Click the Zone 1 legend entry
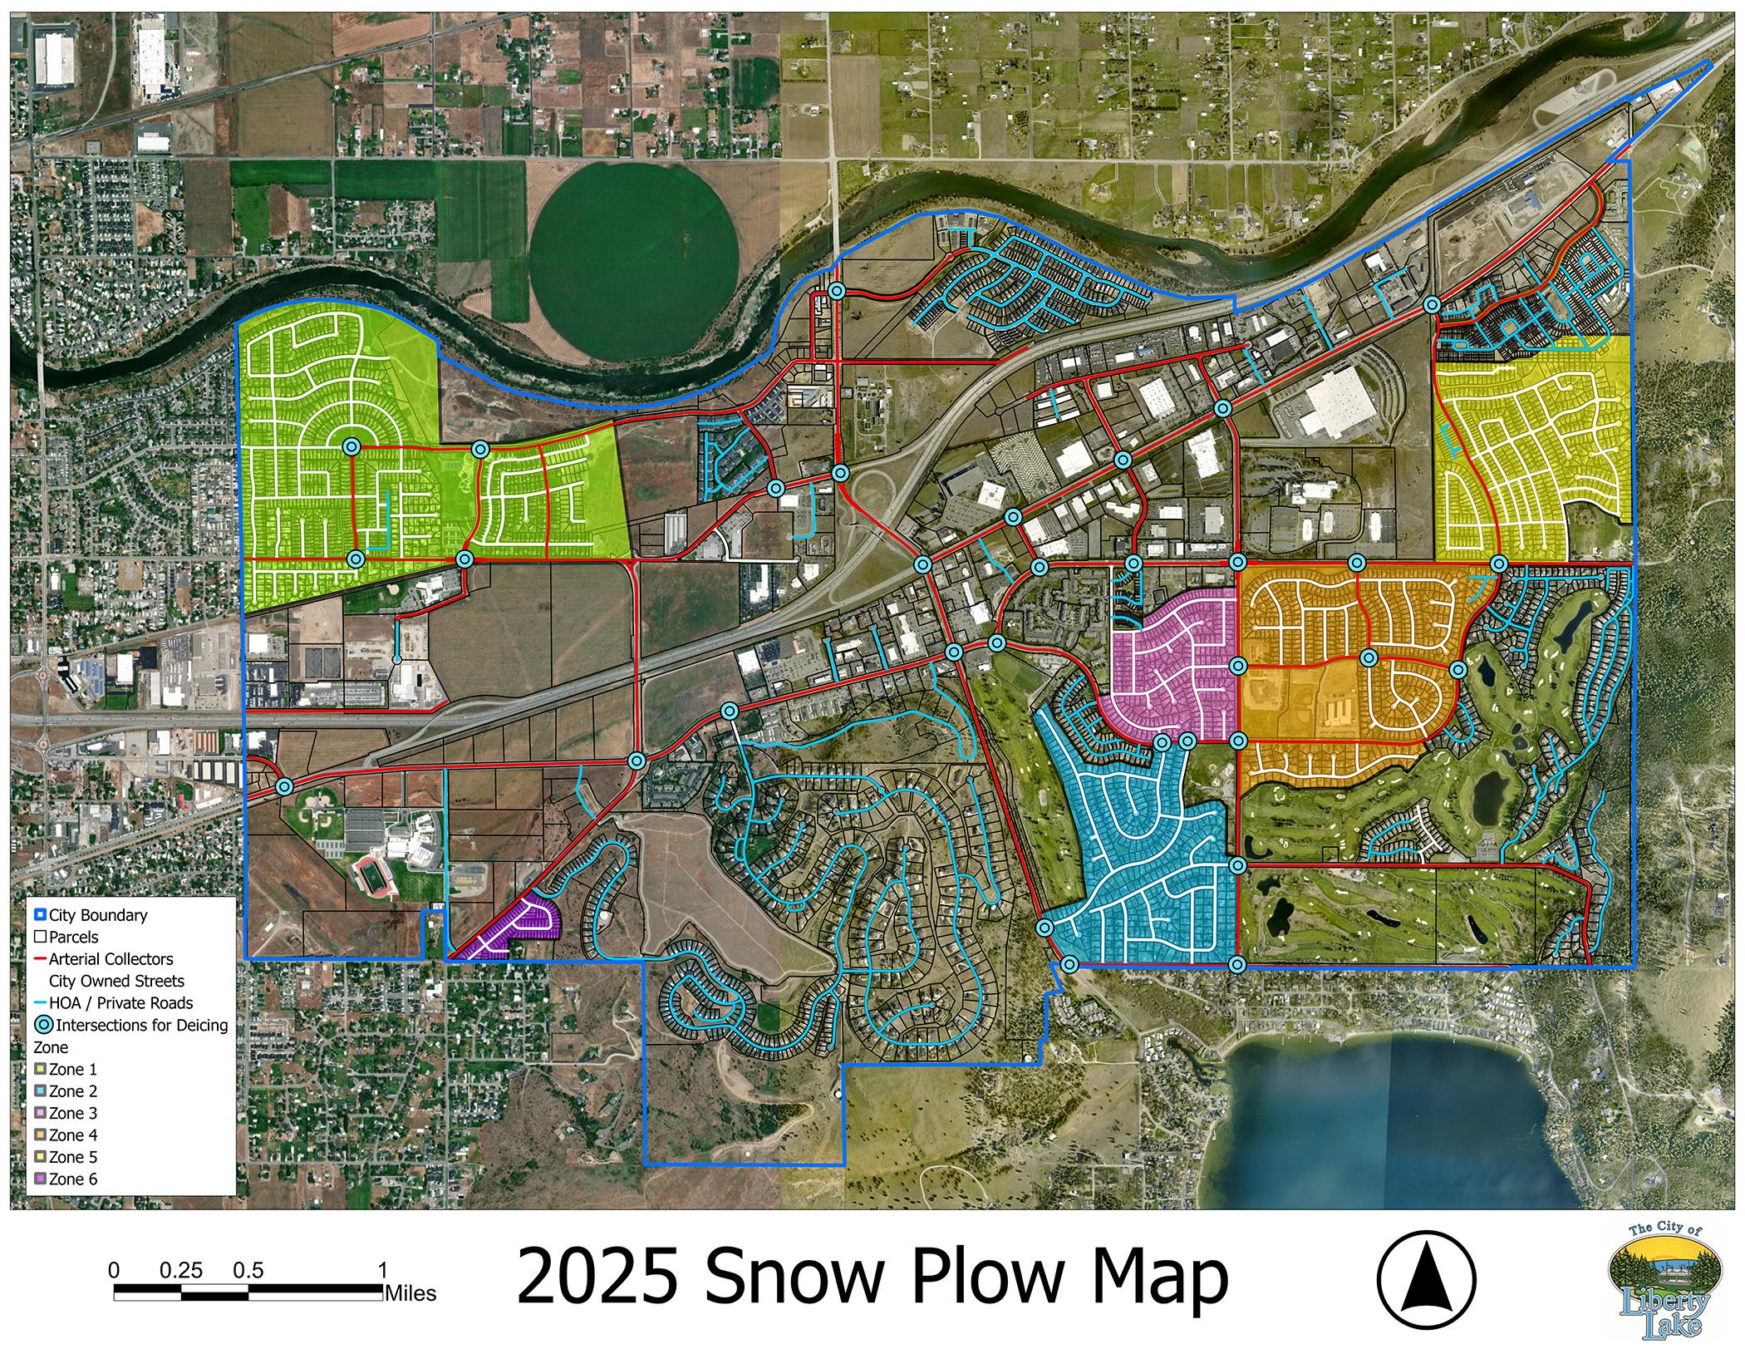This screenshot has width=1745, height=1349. tap(71, 1070)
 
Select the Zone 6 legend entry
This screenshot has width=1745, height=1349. tap(71, 1179)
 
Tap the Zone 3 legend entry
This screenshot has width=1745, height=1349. tap(71, 1113)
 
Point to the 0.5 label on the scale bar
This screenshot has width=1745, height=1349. tap(248, 1271)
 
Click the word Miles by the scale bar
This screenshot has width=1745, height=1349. tap(410, 1293)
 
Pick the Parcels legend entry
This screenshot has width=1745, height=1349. tap(74, 938)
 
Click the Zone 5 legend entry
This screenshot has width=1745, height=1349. tap(71, 1157)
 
